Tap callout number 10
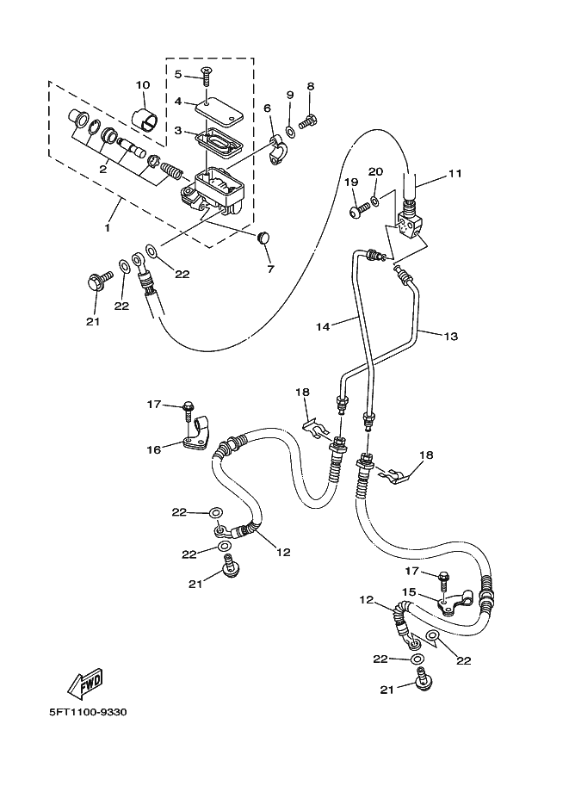143,84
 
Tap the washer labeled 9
290,130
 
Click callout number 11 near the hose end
455,174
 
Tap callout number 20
374,172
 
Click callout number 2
102,169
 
